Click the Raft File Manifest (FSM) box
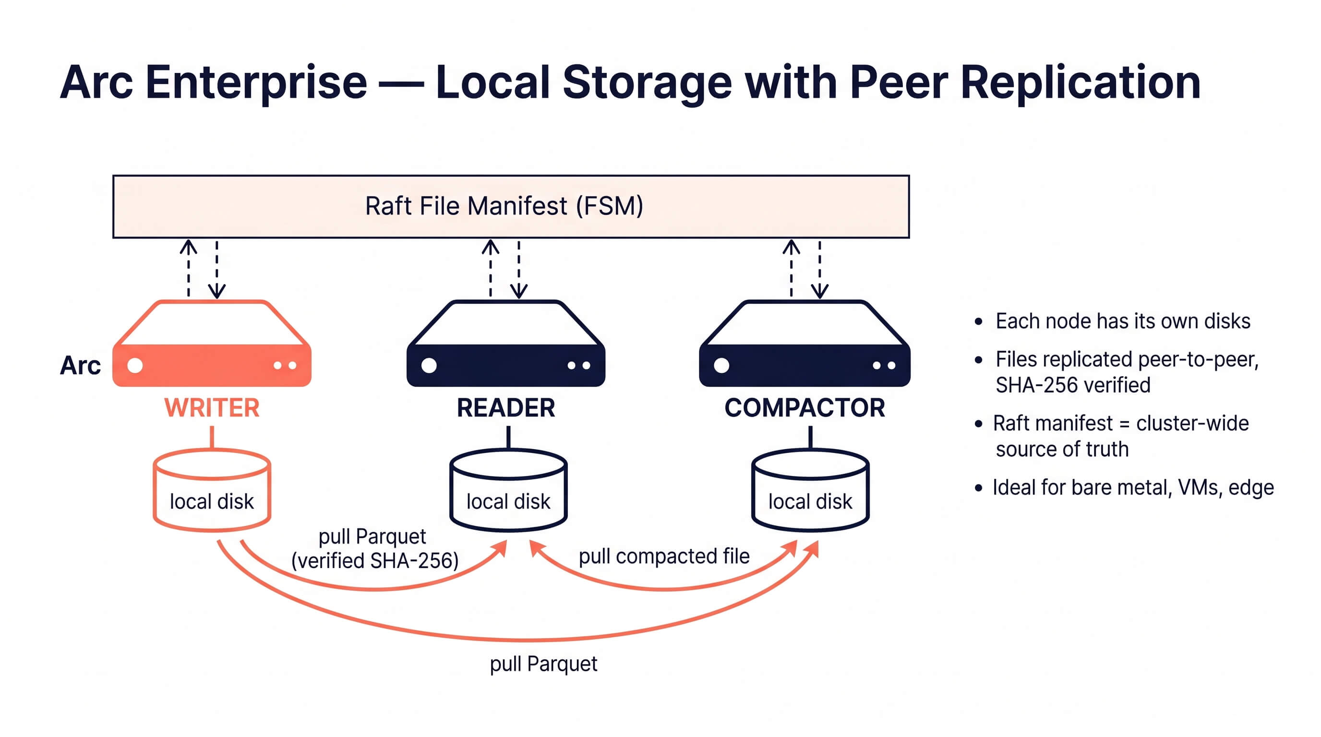coord(511,206)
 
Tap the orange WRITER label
coord(212,408)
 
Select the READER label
coord(505,408)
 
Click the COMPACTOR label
coord(804,408)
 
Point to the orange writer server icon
coord(212,345)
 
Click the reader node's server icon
coord(505,345)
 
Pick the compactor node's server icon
coord(804,345)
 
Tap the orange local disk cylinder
coord(212,490)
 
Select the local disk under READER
coord(508,490)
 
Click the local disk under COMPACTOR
coord(810,490)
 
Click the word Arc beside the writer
coord(80,366)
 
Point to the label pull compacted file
coord(663,556)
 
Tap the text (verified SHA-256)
coord(375,561)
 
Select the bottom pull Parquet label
coord(543,664)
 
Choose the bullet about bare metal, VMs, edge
coord(1132,487)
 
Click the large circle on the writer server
coord(135,366)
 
